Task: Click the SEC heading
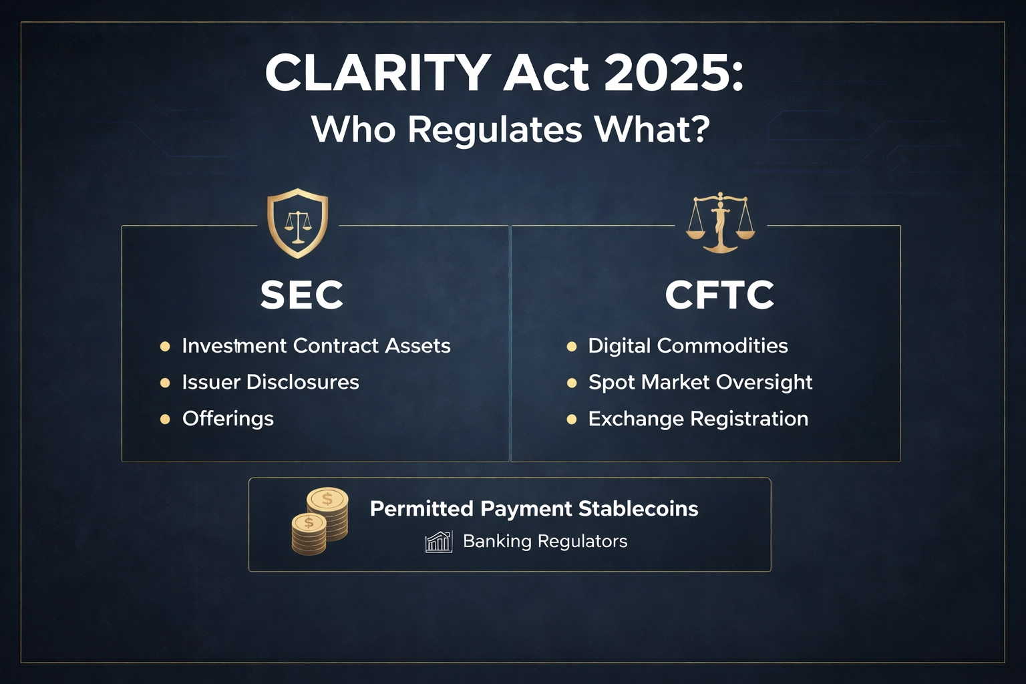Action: pyautogui.click(x=302, y=295)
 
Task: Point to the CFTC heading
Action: pyautogui.click(x=719, y=295)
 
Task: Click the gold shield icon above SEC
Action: pyautogui.click(x=297, y=223)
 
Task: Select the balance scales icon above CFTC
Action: pyautogui.click(x=720, y=222)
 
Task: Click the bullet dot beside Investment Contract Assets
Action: pyautogui.click(x=165, y=346)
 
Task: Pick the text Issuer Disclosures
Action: pyautogui.click(x=271, y=382)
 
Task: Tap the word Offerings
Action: pyautogui.click(x=228, y=419)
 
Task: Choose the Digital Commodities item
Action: pyautogui.click(x=687, y=346)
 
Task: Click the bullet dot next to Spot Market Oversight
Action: pyautogui.click(x=571, y=383)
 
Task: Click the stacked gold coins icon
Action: pyautogui.click(x=319, y=522)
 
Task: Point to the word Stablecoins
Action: pyautogui.click(x=638, y=509)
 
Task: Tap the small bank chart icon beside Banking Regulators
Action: pyautogui.click(x=439, y=541)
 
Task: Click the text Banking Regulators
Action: pyautogui.click(x=545, y=541)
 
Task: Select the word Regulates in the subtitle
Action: pyautogui.click(x=495, y=129)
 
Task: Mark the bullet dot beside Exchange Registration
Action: pyautogui.click(x=571, y=419)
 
